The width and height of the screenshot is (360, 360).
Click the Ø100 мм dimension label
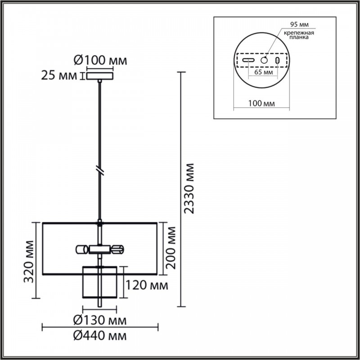tap(100, 61)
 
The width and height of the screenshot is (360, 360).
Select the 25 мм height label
tap(59, 76)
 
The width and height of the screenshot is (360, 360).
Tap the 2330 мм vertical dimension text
tap(189, 189)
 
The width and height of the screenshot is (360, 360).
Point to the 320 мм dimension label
tap(29, 261)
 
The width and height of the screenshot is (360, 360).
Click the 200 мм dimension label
tap(171, 248)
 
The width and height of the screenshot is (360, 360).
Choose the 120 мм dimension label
tap(147, 285)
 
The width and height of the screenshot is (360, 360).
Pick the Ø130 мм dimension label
tap(100, 320)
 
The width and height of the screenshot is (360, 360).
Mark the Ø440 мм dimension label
tap(100, 336)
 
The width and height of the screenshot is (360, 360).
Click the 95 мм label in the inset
tap(299, 25)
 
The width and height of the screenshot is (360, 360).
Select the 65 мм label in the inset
tap(264, 72)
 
